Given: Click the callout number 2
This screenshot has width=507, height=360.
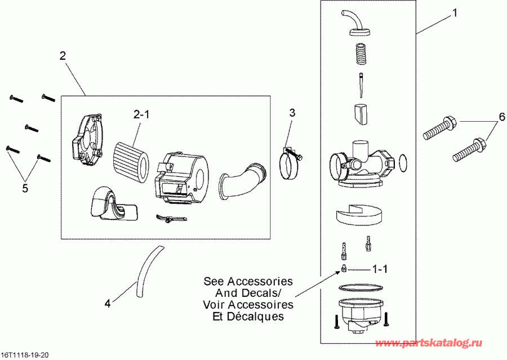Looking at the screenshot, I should coord(62,56).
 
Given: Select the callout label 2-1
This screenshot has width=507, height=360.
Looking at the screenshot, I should coord(141,114).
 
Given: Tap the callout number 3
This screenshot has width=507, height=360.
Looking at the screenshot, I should coord(292,112).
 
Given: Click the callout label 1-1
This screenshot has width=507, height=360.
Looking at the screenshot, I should coord(379,269).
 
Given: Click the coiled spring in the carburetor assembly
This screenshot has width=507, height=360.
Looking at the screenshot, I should coord(359,57).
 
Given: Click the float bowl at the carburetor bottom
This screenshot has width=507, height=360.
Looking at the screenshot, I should coord(358,313).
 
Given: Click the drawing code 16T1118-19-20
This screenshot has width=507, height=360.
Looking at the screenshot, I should coord(25,355).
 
